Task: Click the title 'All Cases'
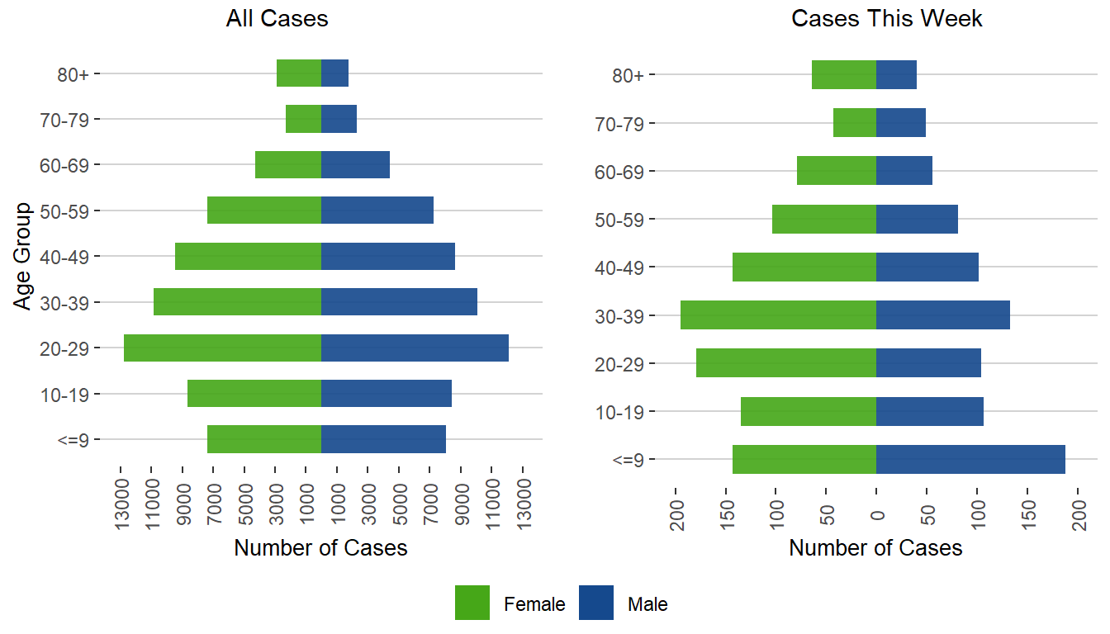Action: tap(277, 19)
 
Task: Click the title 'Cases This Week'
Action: tap(886, 19)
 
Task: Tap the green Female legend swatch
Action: tap(472, 603)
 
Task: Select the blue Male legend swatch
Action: tap(595, 603)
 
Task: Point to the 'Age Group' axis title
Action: tap(24, 256)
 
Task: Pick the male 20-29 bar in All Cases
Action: tap(415, 348)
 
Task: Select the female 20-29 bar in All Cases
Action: tap(222, 348)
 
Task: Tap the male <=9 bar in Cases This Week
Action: tap(970, 459)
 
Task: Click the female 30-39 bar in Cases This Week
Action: tap(778, 315)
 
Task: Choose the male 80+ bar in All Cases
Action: tap(334, 73)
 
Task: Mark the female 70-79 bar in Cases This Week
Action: tap(855, 123)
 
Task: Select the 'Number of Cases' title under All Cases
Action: tap(320, 548)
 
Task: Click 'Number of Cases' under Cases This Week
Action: tap(875, 548)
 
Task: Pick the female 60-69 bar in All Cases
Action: tap(288, 164)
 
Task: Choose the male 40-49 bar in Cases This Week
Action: tap(927, 267)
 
